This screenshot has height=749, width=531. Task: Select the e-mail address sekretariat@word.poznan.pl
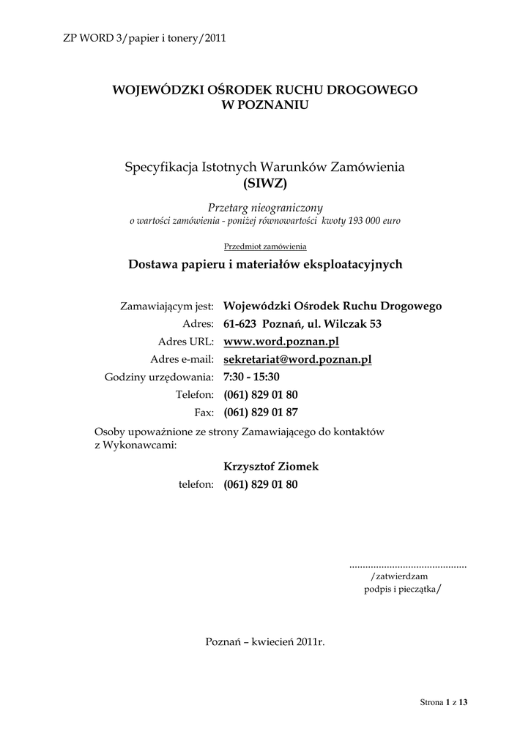click(297, 359)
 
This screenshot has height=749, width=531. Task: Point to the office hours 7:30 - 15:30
click(251, 377)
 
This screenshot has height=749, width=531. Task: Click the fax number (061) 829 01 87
click(261, 412)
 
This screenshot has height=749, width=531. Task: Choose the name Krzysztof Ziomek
click(271, 467)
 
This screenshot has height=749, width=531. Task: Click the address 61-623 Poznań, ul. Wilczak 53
click(302, 324)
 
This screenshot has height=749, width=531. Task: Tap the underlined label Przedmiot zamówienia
click(265, 246)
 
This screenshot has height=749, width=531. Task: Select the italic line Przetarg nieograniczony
click(265, 208)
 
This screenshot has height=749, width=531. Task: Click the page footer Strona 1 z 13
click(444, 703)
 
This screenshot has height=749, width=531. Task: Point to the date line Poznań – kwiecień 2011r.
click(265, 641)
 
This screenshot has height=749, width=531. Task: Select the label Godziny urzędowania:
click(159, 377)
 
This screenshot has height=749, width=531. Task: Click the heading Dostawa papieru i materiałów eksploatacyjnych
click(265, 265)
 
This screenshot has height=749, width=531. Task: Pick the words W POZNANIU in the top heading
click(264, 105)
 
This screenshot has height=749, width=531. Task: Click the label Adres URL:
click(185, 342)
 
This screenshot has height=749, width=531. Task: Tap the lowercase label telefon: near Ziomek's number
click(196, 484)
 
